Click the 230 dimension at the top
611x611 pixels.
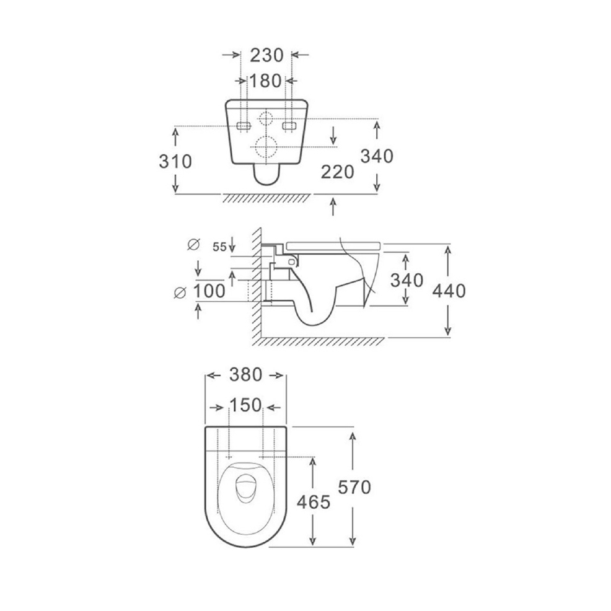266,55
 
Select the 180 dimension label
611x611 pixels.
265,81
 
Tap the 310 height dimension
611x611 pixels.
175,161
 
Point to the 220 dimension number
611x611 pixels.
338,172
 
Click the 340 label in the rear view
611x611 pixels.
377,156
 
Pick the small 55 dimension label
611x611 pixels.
220,247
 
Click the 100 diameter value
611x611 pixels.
209,291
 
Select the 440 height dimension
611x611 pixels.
449,291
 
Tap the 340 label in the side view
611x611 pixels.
407,280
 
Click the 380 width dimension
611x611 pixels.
245,375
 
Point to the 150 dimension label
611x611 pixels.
245,405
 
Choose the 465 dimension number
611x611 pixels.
314,503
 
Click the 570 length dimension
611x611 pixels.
354,488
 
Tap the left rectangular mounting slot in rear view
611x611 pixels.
244,126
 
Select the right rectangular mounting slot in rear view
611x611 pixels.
289,126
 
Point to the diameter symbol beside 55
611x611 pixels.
193,244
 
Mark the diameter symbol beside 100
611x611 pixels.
180,292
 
